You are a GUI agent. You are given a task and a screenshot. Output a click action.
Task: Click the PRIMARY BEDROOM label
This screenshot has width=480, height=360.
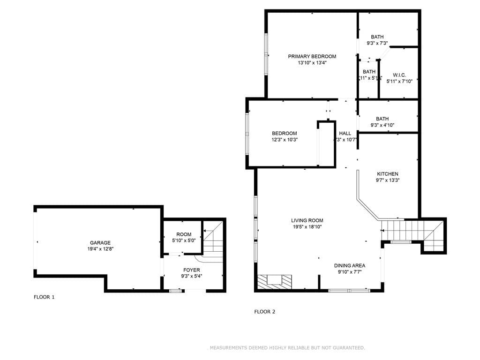click(x=312, y=56)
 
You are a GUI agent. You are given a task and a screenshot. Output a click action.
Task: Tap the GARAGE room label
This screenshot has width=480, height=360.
click(x=100, y=243)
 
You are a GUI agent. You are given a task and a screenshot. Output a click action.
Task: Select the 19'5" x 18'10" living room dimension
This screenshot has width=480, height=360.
click(x=307, y=227)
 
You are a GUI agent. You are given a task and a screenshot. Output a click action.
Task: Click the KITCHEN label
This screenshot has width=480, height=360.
click(x=387, y=174)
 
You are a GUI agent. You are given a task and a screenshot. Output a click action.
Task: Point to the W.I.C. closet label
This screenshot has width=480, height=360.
click(x=399, y=75)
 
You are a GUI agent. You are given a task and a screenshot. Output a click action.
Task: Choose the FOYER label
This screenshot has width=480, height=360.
click(x=191, y=270)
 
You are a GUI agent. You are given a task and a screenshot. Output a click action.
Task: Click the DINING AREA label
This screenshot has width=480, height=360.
click(x=349, y=266)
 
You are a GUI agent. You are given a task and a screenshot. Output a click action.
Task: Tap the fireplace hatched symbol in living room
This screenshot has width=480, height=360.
click(x=274, y=281)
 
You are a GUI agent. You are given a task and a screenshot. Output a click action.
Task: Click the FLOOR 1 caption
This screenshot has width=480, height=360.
click(x=44, y=297)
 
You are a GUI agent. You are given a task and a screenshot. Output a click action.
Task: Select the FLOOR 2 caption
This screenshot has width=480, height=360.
click(x=264, y=312)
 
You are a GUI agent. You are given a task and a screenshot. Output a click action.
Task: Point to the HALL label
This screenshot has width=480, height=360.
click(x=345, y=134)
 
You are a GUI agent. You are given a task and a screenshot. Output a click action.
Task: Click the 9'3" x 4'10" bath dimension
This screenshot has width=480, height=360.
click(x=382, y=125)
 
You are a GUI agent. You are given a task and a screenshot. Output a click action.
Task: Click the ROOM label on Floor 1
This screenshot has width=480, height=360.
click(x=184, y=234)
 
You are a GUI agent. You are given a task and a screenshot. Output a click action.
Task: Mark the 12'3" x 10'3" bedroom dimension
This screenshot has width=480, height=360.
click(x=285, y=139)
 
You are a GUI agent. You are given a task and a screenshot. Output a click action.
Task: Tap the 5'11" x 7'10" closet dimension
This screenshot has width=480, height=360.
click(x=399, y=81)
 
